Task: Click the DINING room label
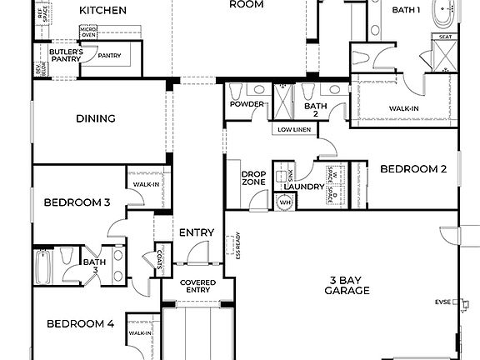click(96, 118)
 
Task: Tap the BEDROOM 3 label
click(77, 202)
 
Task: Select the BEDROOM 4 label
click(80, 324)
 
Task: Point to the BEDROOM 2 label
click(413, 169)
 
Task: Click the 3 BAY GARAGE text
click(348, 286)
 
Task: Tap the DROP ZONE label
click(253, 179)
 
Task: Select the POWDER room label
click(247, 105)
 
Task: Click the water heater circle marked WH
click(285, 202)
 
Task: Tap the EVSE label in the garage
click(442, 302)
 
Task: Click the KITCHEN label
click(103, 11)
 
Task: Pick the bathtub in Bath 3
click(45, 267)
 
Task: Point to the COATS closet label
click(158, 261)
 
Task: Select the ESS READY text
click(236, 246)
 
